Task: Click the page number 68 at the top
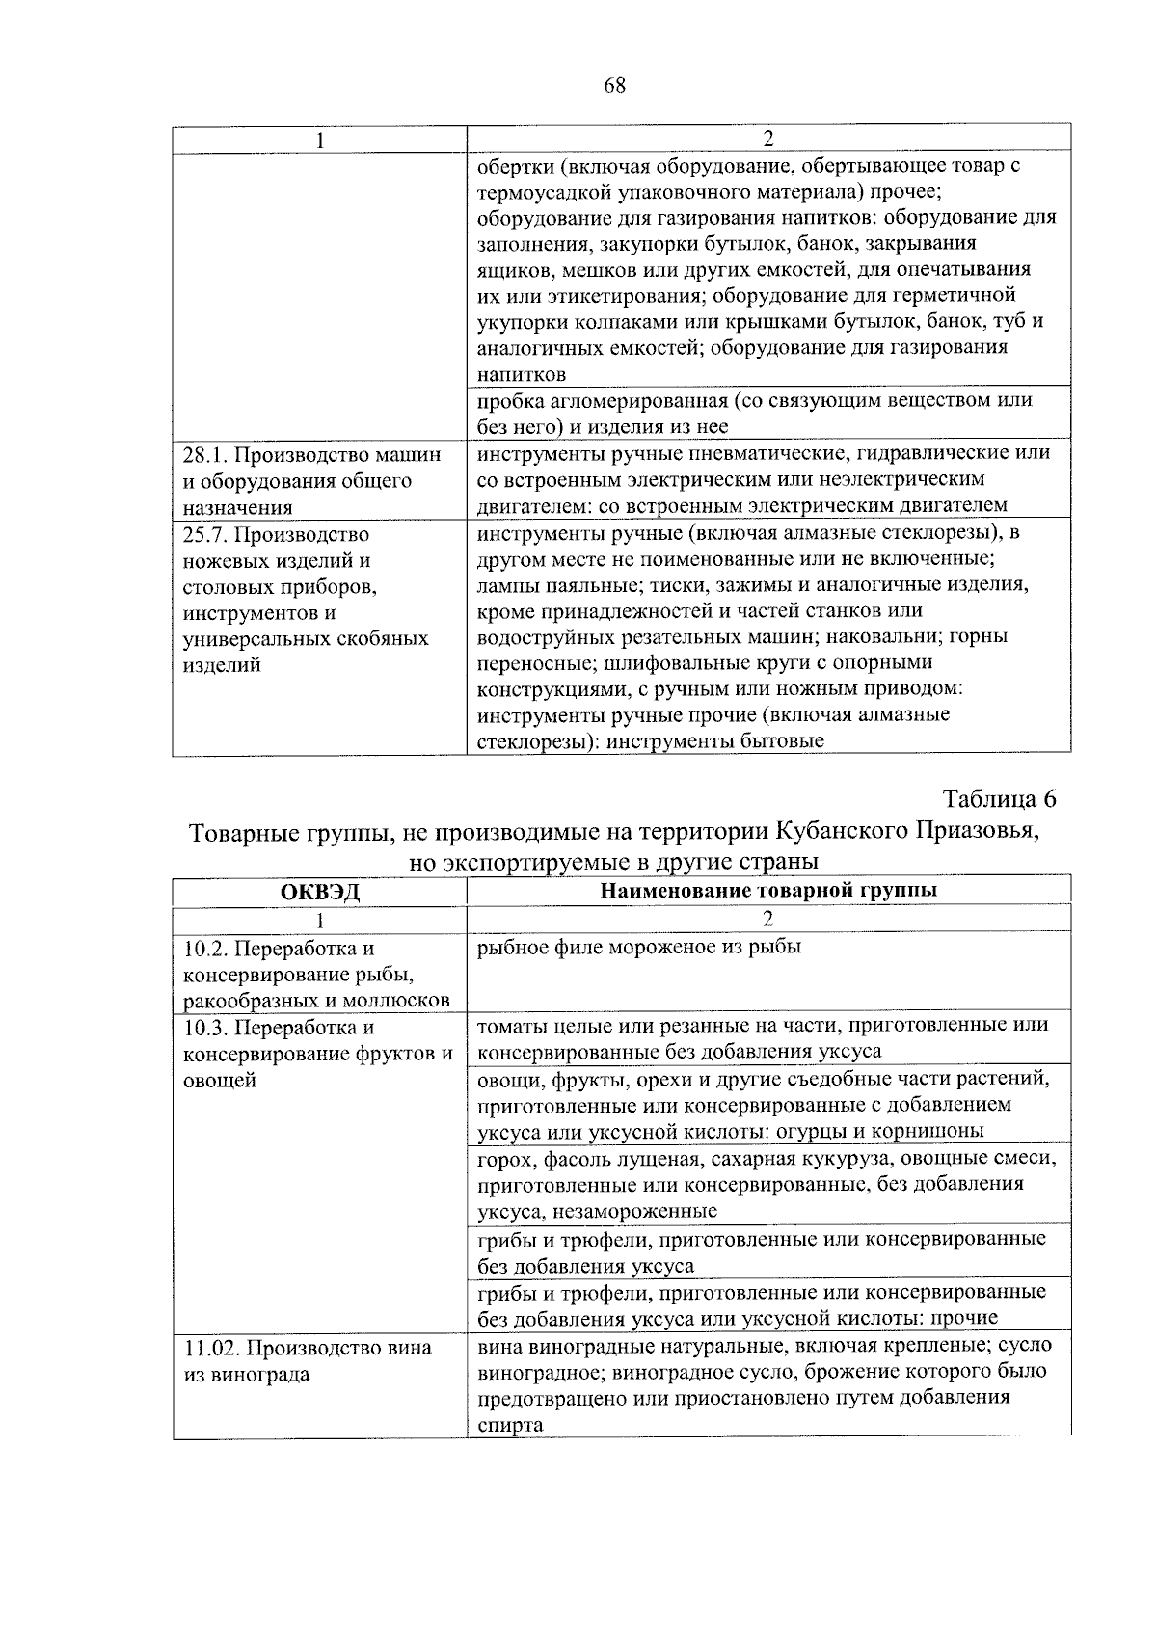coord(615,86)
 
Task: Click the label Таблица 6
coord(1000,799)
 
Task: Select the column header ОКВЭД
coord(319,892)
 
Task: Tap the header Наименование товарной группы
coord(768,891)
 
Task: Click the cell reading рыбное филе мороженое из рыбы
coord(639,948)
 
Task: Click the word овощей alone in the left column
coord(220,1081)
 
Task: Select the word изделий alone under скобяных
coord(222,665)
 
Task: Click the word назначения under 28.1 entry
coord(237,507)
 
